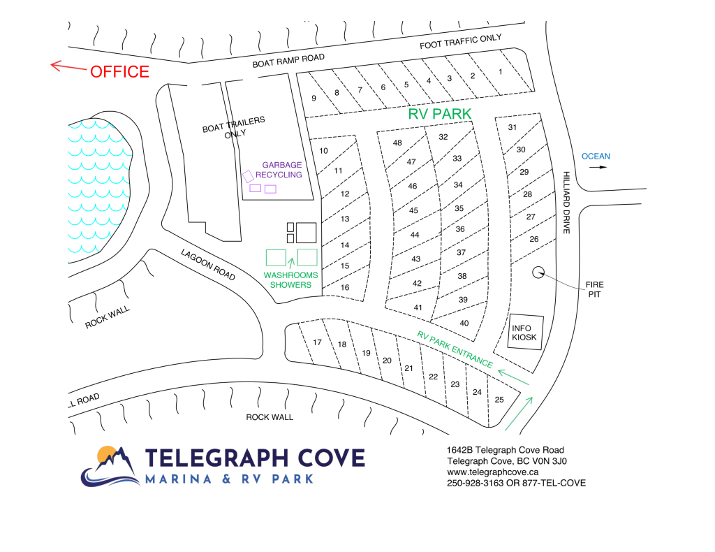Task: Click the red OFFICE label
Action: coord(119,71)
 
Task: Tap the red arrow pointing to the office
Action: coord(67,67)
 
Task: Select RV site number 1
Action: coord(500,72)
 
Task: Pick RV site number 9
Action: coord(314,98)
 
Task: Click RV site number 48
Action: coord(397,143)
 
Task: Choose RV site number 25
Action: coord(499,400)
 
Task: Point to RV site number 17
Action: coord(317,342)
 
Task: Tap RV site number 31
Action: coord(512,127)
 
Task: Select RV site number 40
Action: coord(464,323)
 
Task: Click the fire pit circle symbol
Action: coord(539,273)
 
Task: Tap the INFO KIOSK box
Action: coord(524,333)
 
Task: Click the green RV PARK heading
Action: coord(439,113)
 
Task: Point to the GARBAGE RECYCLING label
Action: coord(279,170)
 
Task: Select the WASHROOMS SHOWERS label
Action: coord(290,279)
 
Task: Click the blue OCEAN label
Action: coord(596,157)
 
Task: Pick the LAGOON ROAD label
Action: coord(208,265)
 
